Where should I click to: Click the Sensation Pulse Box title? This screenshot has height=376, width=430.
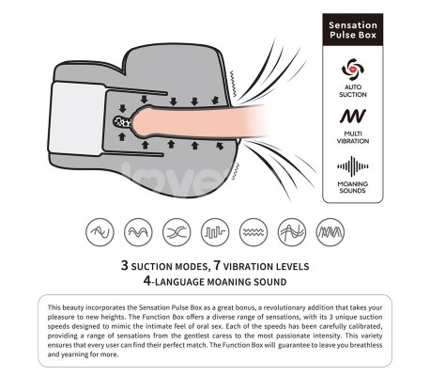tap(353, 30)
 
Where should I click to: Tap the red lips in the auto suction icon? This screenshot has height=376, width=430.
tap(352, 69)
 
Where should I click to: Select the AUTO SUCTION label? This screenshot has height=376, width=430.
tap(353, 90)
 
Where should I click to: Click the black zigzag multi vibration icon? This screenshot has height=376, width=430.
tap(353, 116)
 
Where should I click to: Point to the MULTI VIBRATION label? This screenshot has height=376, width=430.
tap(353, 137)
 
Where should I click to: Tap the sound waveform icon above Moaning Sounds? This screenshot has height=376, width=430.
tap(353, 166)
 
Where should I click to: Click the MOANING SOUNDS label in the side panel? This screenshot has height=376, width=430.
tap(353, 187)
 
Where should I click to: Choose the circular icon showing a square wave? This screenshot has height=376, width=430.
tap(215, 232)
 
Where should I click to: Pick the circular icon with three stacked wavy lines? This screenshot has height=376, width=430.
tap(253, 232)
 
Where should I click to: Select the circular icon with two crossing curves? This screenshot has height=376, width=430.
tap(177, 232)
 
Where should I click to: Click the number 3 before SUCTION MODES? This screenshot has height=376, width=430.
tap(125, 265)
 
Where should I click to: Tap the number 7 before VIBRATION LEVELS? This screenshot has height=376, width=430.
tap(217, 265)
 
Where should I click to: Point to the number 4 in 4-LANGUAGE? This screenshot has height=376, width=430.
tap(147, 280)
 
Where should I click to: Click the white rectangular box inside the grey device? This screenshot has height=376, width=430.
tap(77, 118)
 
